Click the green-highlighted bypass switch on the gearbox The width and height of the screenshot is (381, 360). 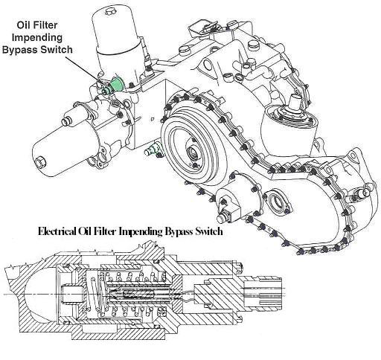coord(115,83)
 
